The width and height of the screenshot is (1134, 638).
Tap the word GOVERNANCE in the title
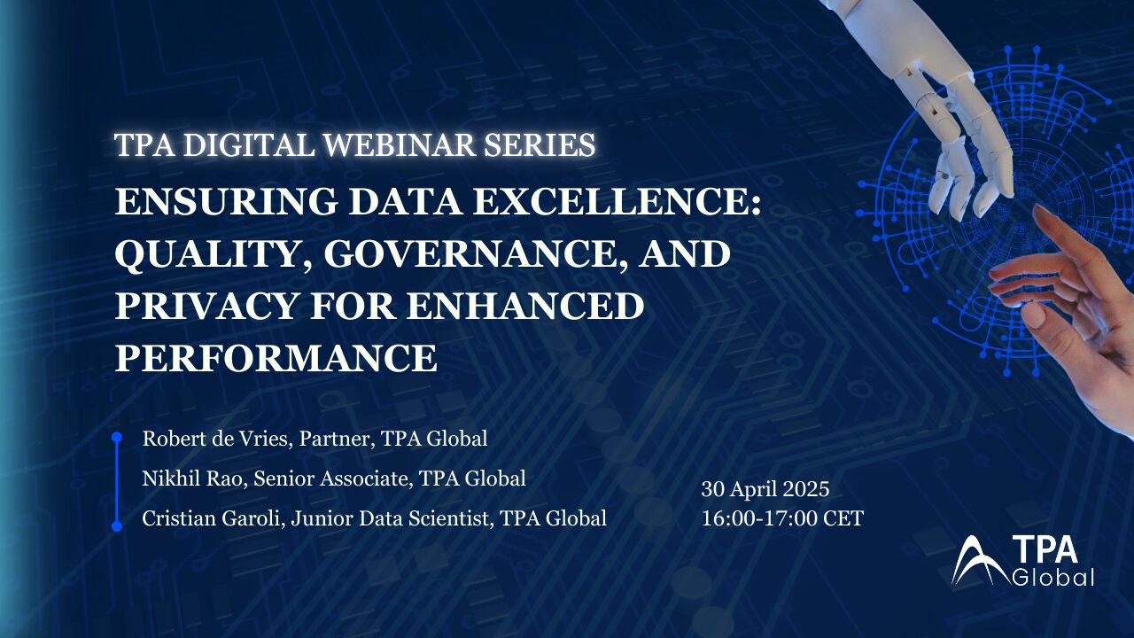472,254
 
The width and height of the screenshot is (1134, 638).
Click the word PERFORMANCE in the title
276,358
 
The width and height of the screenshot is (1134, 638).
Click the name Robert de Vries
214,439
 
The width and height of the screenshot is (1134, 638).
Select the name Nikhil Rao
192,478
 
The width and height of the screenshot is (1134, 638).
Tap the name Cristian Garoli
211,518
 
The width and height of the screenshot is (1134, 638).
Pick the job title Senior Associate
330,478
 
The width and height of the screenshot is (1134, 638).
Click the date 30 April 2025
765,489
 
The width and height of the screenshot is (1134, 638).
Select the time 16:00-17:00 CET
782,518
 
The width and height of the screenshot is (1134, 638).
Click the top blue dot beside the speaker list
117,437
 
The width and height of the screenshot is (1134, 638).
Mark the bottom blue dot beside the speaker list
117,526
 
